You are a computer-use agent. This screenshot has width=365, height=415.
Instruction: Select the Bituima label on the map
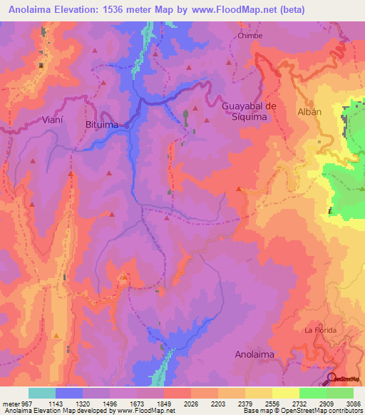pos(101,125)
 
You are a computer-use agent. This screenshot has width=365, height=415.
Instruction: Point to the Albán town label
pos(308,112)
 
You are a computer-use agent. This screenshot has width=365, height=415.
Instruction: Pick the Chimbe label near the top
pos(250,36)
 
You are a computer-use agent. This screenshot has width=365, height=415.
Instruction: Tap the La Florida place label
pos(320,330)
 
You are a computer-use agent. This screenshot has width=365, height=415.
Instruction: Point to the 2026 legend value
pos(191,404)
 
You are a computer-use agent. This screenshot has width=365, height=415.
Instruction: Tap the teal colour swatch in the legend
pos(42,393)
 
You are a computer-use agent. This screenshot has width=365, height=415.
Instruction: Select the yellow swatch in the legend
pos(286,393)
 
